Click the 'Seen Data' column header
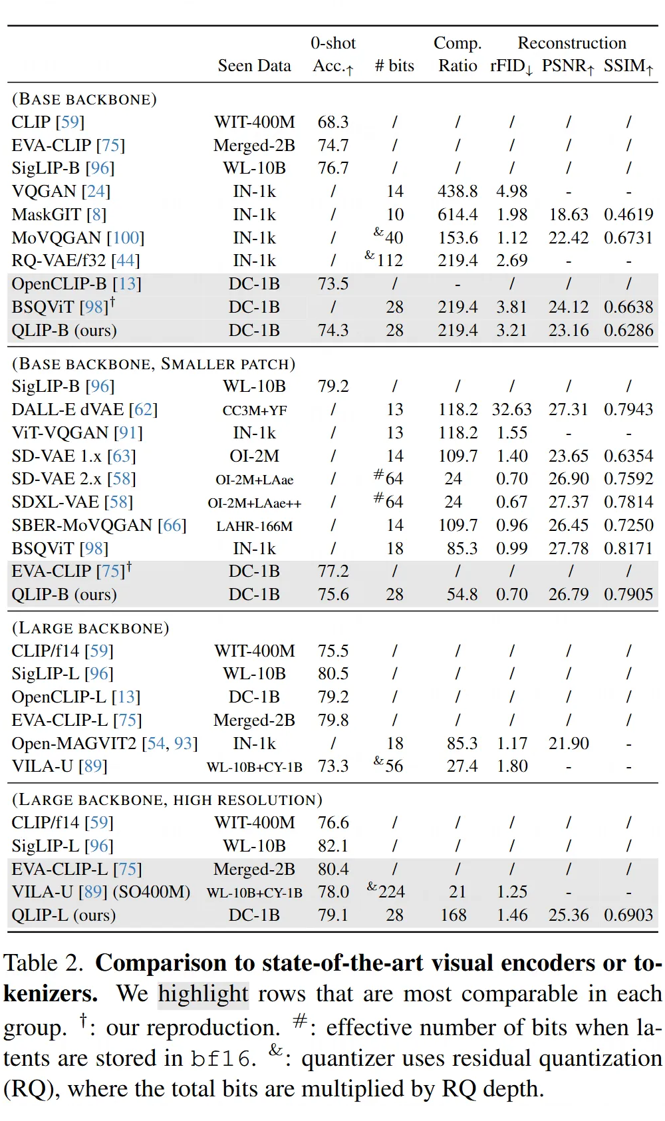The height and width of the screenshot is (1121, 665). pyautogui.click(x=254, y=65)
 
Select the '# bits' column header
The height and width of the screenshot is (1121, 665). pyautogui.click(x=394, y=65)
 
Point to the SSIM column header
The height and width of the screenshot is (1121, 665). pyautogui.click(x=628, y=65)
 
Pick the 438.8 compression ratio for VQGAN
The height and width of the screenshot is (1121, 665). pyautogui.click(x=458, y=192)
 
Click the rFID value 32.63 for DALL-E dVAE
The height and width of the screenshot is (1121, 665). pyautogui.click(x=511, y=409)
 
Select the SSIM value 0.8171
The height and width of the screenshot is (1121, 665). pyautogui.click(x=628, y=548)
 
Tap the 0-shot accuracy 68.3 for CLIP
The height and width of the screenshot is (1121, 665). pyautogui.click(x=333, y=122)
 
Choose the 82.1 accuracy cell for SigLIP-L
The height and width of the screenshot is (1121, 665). pyautogui.click(x=333, y=846)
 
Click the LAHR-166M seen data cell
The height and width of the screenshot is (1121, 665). pyautogui.click(x=254, y=526)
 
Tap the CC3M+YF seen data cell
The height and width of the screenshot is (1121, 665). pyautogui.click(x=254, y=410)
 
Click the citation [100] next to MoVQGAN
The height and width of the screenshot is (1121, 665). pyautogui.click(x=126, y=238)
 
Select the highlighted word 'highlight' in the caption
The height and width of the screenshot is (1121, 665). pyautogui.click(x=203, y=994)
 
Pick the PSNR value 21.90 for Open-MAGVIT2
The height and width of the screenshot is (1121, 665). pyautogui.click(x=569, y=743)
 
